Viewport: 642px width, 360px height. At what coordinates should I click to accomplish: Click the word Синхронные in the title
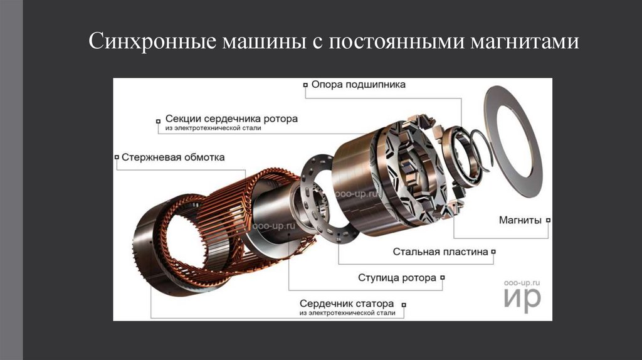pos(152,41)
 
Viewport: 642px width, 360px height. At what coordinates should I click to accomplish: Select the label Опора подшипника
pos(358,85)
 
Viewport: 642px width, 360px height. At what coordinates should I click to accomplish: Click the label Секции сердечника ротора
pos(231,119)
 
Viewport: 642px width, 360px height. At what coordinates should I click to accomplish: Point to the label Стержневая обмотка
pos(173,157)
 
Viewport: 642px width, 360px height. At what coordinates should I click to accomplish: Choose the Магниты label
pos(520,220)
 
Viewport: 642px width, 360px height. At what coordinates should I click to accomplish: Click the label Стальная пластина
pos(441,252)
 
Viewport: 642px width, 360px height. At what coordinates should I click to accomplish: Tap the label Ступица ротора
pos(397,278)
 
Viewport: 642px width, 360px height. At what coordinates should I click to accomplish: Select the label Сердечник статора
pos(346,304)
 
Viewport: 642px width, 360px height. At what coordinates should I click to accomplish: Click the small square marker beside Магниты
pos(548,220)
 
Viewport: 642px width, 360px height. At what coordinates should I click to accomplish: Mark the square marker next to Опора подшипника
pos(305,85)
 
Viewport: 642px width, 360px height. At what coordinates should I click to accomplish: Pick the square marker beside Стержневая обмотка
pos(117,157)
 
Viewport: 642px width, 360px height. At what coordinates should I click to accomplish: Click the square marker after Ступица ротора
pos(443,278)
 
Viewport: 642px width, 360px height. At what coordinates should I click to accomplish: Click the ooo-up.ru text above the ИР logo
pos(522,283)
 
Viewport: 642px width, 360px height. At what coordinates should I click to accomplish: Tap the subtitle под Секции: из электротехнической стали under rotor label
pos(213,128)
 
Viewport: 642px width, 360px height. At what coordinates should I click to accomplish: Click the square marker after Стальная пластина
pos(493,252)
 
